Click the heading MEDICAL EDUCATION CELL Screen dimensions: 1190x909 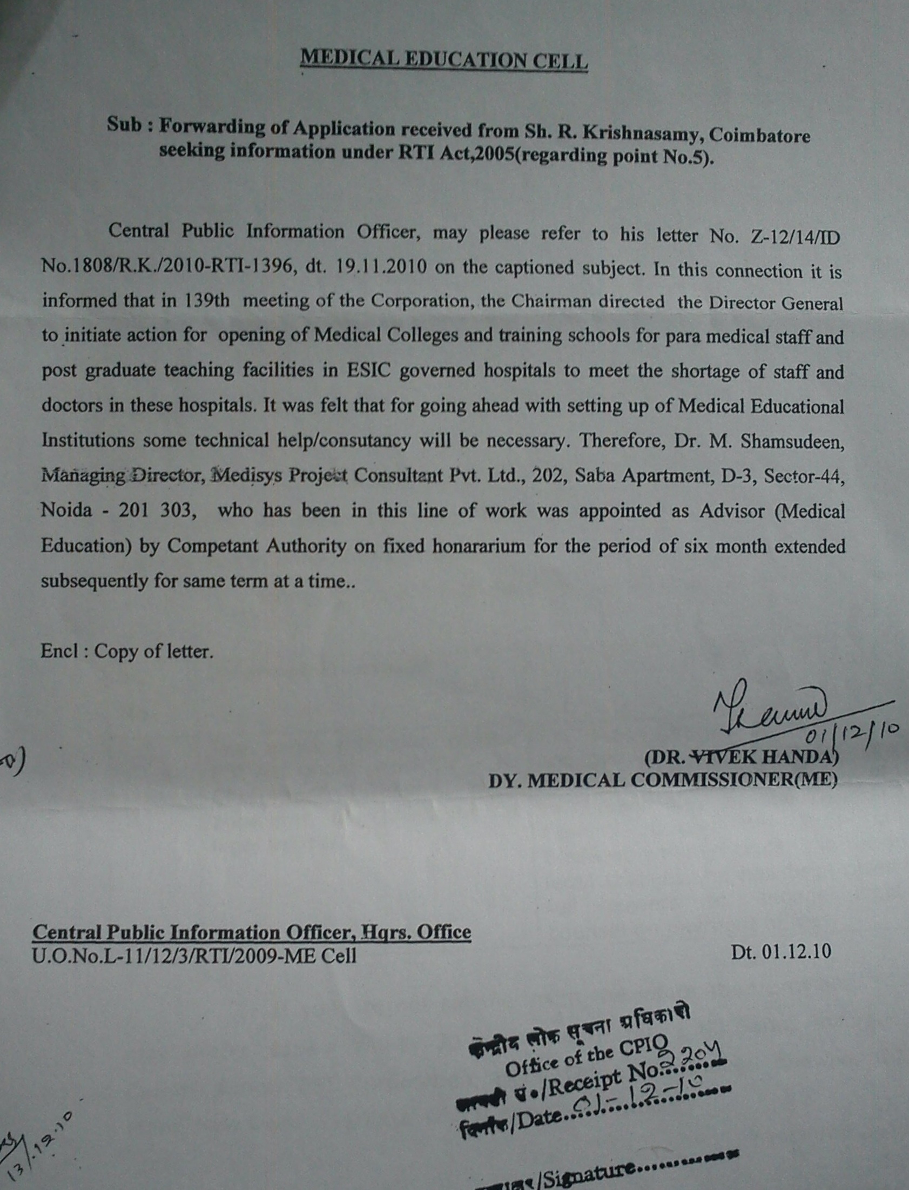pos(443,59)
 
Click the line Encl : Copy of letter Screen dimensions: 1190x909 pos(126,651)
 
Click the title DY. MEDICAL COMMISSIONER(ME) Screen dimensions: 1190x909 pos(662,780)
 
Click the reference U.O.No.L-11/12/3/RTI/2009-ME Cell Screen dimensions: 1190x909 pos(194,956)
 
